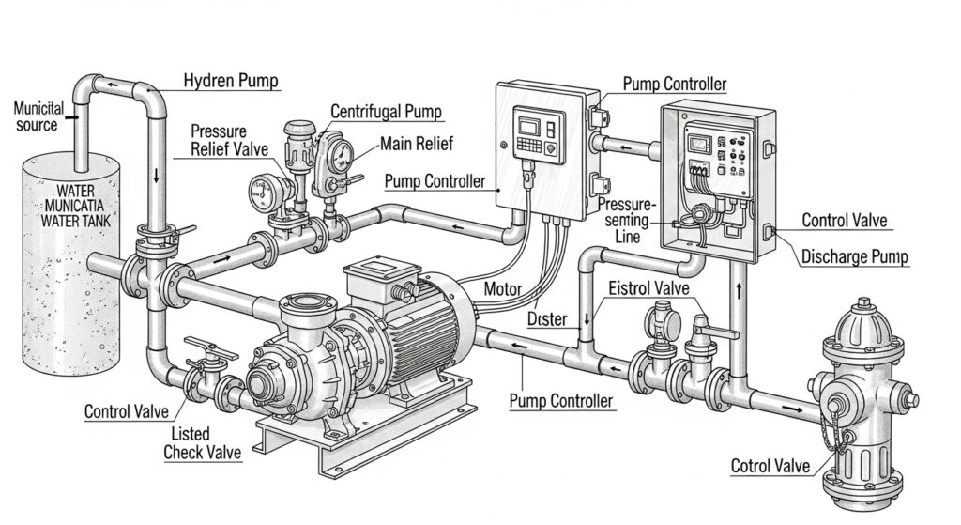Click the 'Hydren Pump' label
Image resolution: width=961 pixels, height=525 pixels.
(231, 82)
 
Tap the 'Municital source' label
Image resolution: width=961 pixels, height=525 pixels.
(38, 117)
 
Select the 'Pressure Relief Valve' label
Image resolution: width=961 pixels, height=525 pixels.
(229, 140)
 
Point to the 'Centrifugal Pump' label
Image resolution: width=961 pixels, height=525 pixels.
(386, 112)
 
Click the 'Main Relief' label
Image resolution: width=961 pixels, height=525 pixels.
(417, 144)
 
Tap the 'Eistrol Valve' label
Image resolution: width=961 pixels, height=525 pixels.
(649, 288)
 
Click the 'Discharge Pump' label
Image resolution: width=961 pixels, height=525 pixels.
(855, 256)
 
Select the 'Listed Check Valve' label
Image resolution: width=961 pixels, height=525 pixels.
(202, 443)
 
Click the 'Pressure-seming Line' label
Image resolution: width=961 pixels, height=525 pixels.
(629, 220)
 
